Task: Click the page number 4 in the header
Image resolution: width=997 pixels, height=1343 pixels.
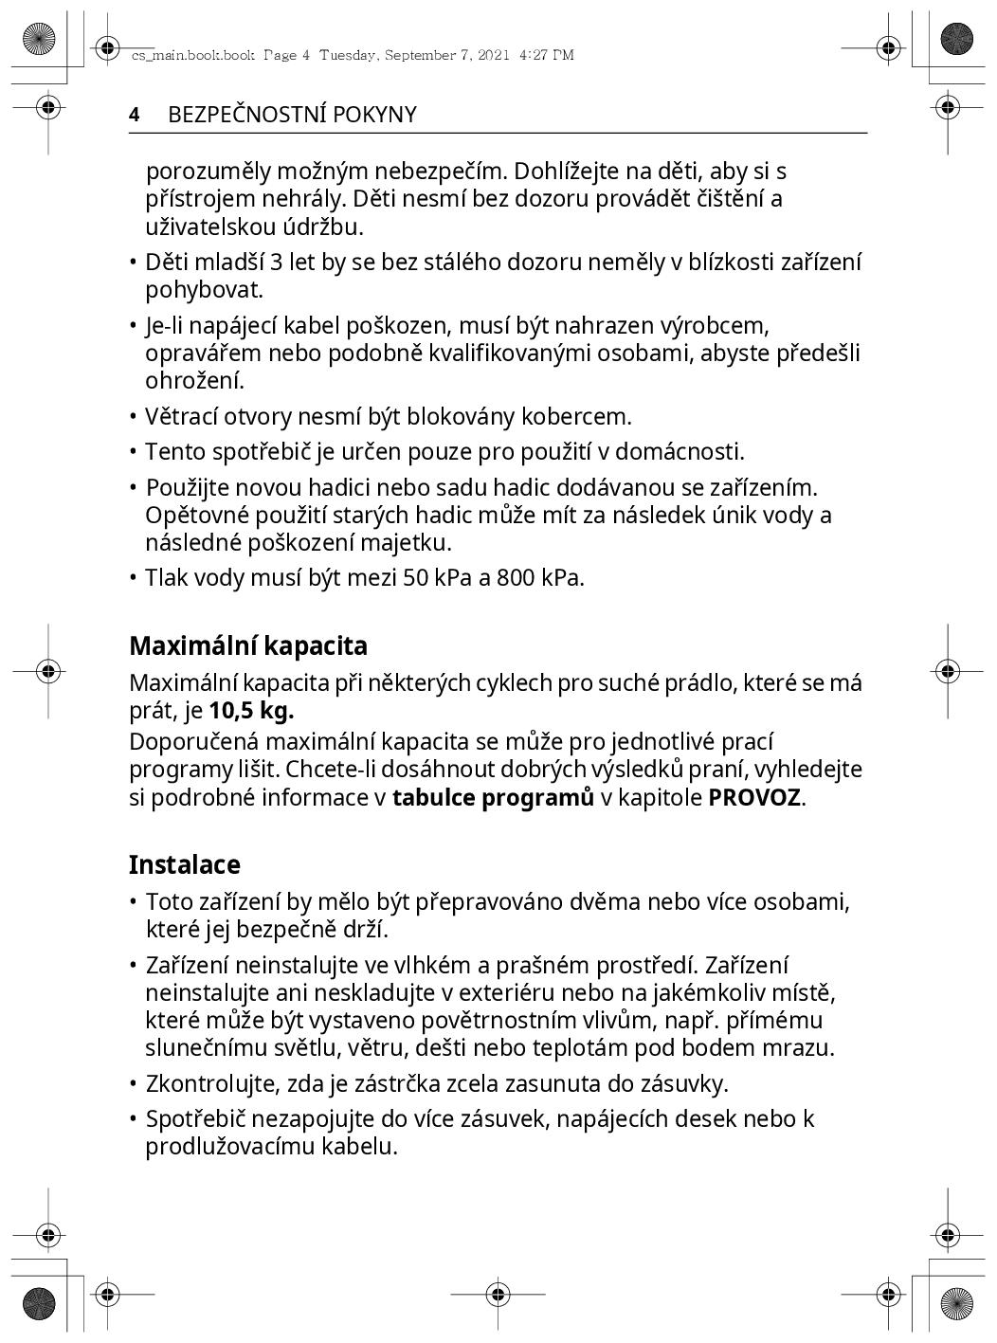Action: [135, 115]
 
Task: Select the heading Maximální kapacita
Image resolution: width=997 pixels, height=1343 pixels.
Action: [248, 646]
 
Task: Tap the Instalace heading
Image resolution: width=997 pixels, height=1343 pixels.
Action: [185, 864]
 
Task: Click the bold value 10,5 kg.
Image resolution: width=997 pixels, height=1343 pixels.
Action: [251, 711]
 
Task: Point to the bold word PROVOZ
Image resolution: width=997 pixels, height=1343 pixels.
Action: [754, 797]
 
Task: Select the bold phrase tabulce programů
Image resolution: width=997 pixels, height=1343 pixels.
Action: [493, 797]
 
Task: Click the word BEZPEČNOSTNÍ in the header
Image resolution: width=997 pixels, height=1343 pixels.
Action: [245, 115]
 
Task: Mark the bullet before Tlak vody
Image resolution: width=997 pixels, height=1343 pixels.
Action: [135, 577]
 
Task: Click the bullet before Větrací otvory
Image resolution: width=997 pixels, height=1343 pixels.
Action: [135, 417]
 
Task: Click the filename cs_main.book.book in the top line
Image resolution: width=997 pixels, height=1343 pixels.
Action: [192, 55]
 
